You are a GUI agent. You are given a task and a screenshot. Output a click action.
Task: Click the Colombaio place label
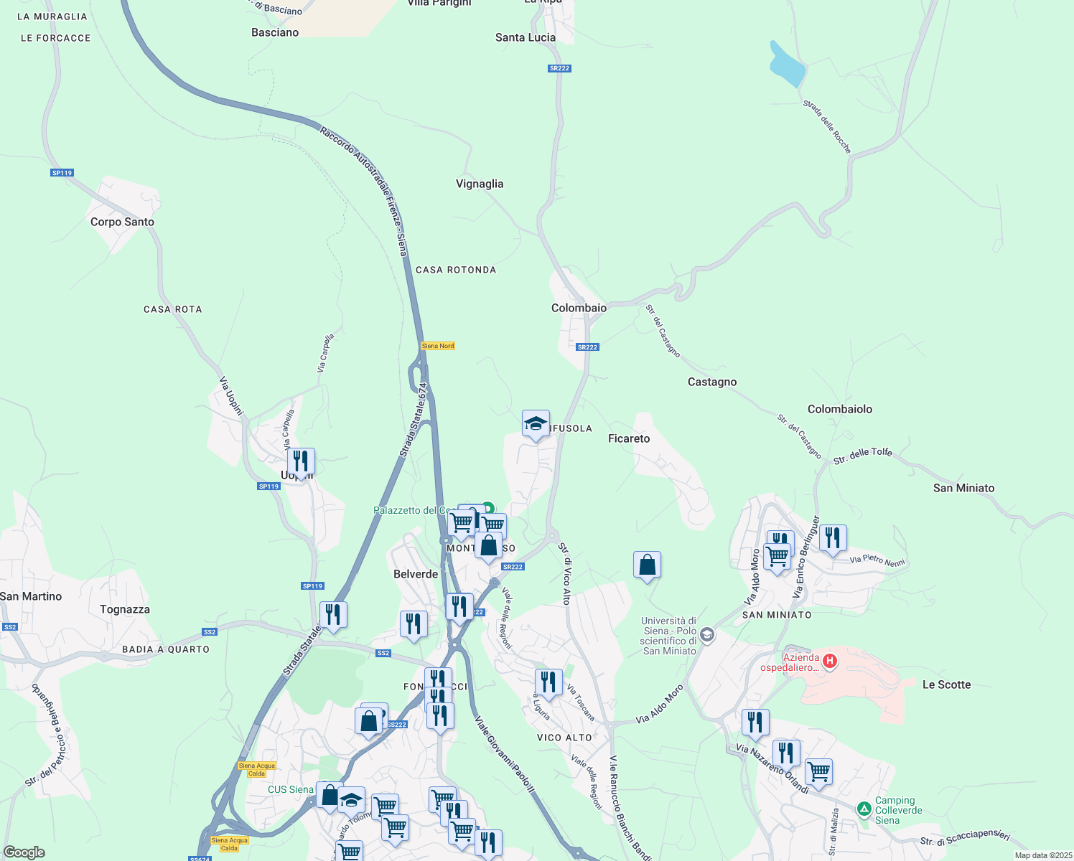coord(579,308)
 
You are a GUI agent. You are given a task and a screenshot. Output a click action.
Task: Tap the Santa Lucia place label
coord(525,37)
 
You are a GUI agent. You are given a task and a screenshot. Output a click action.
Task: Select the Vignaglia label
coord(480,184)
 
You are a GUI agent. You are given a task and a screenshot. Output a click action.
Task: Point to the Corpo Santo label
coord(122,222)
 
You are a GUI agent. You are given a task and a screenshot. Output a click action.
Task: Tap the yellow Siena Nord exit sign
coord(437,346)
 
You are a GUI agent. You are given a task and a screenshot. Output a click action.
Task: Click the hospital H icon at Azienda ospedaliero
coord(829,661)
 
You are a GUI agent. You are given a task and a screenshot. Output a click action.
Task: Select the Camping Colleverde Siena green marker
coord(864,809)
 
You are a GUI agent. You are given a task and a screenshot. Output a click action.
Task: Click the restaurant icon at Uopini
coord(301,461)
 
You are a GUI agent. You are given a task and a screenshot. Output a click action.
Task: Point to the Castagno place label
coord(711,382)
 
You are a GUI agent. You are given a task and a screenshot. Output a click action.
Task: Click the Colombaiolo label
coord(839,409)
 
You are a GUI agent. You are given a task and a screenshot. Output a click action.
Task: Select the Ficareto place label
coord(628,438)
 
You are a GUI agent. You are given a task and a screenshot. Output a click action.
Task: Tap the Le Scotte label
coord(946,684)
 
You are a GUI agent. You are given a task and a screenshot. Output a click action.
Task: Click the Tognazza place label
coord(125,609)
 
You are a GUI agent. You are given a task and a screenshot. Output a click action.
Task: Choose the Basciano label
coord(275,32)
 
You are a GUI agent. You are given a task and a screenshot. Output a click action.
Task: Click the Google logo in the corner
coord(24,852)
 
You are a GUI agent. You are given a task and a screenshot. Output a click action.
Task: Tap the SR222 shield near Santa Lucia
coord(559,68)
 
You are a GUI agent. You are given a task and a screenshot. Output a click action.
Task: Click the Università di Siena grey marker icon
coord(707,634)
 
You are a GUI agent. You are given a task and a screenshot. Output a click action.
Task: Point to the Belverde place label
coord(416,574)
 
